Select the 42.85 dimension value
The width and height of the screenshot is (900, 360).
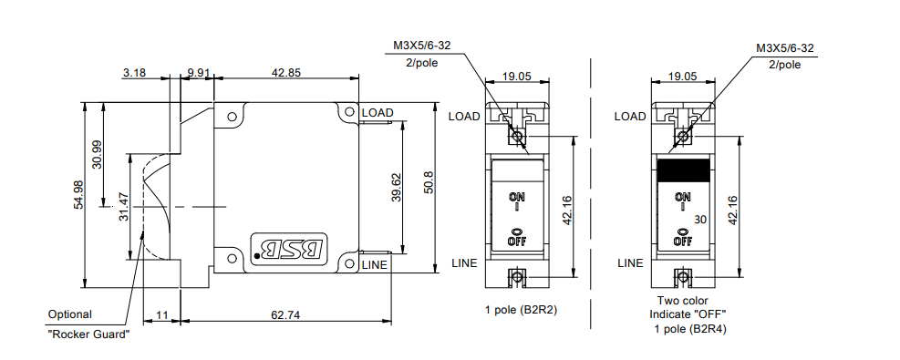pyautogui.click(x=285, y=73)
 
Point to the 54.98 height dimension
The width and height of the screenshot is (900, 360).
pyautogui.click(x=78, y=195)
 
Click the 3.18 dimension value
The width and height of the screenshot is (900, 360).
pyautogui.click(x=134, y=73)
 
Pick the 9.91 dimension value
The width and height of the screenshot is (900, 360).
pyautogui.click(x=199, y=73)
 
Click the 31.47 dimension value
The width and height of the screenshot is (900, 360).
pyautogui.click(x=122, y=206)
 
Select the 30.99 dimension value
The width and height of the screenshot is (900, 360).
pyautogui.click(x=97, y=155)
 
